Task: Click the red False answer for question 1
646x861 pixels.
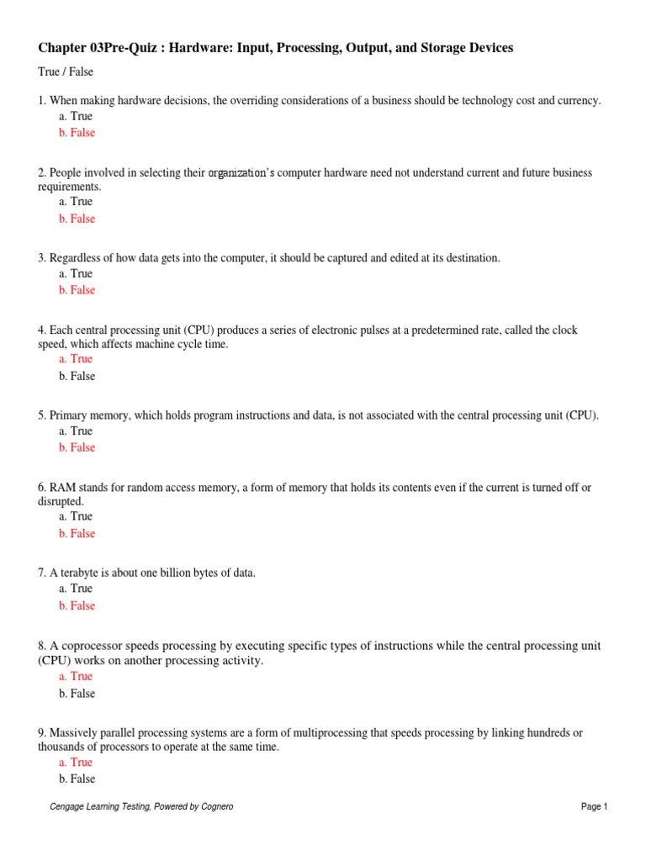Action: (77, 133)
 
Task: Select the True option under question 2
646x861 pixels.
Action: (76, 202)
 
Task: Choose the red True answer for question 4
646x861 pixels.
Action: (76, 359)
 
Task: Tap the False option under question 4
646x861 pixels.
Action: (77, 377)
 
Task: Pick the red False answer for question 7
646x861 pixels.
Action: (77, 605)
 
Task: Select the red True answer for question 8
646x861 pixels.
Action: (76, 676)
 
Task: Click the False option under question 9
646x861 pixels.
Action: (77, 779)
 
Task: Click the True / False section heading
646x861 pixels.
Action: (66, 72)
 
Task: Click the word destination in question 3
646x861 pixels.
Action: (469, 258)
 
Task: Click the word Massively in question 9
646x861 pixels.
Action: (74, 733)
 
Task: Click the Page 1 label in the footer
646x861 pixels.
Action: (594, 807)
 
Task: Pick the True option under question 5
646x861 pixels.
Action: (76, 431)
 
